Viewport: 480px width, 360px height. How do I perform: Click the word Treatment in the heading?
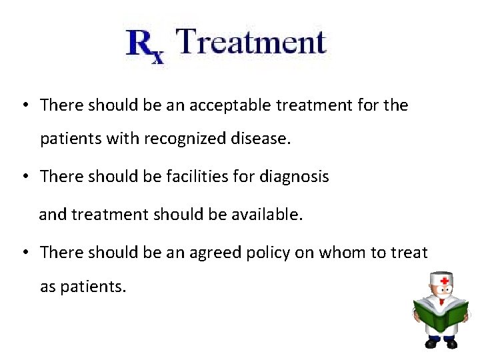click(252, 42)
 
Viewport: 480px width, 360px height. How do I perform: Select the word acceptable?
click(227, 105)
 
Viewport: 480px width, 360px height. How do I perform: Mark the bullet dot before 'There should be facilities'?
click(23, 177)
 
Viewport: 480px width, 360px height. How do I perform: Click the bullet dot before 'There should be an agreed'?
click(23, 253)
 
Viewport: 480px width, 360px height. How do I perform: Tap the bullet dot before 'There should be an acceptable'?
click(23, 105)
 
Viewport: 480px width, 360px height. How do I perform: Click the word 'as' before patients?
click(48, 288)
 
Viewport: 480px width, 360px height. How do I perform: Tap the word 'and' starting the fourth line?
click(53, 215)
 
